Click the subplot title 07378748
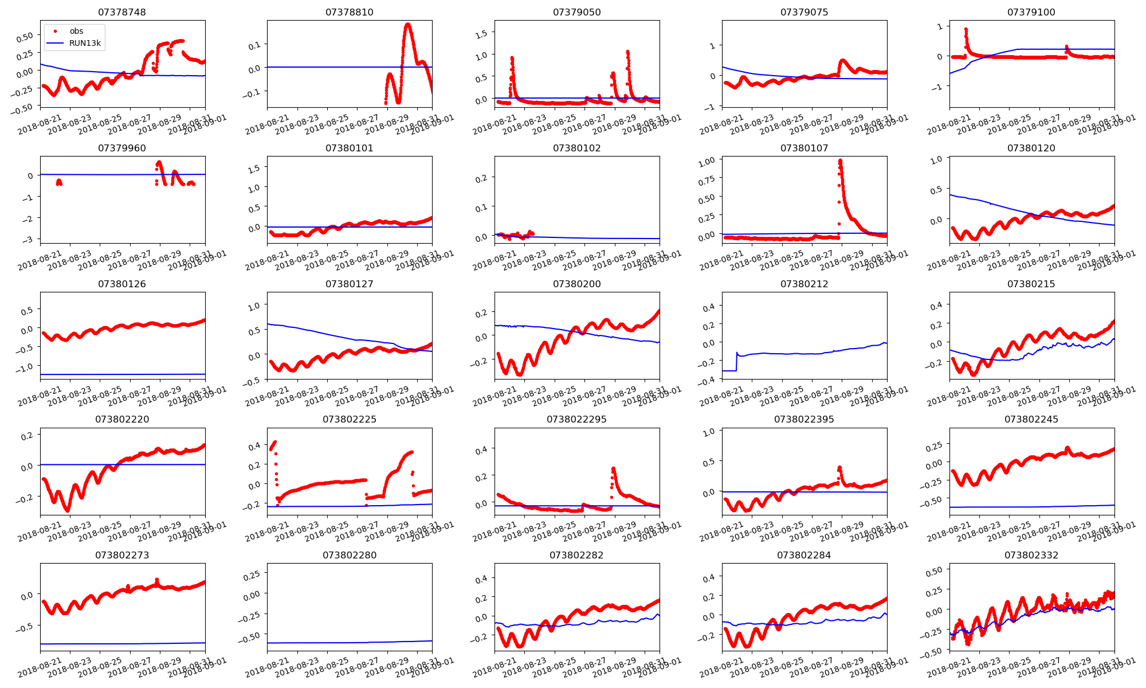coord(122,12)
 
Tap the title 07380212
coord(804,284)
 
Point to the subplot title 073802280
coord(350,555)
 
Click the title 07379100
coord(1031,12)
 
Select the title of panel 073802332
coord(1031,555)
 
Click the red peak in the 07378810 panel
coord(407,24)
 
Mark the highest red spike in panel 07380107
coord(840,161)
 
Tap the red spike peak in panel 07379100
coord(966,29)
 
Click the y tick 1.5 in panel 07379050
coord(482,34)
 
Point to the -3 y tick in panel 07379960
coord(30,239)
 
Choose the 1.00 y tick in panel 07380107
coord(707,162)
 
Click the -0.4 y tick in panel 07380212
coord(708,380)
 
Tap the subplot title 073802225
coord(350,419)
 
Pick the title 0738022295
coord(576,419)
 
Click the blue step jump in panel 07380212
coord(736,361)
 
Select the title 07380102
coord(576,148)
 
